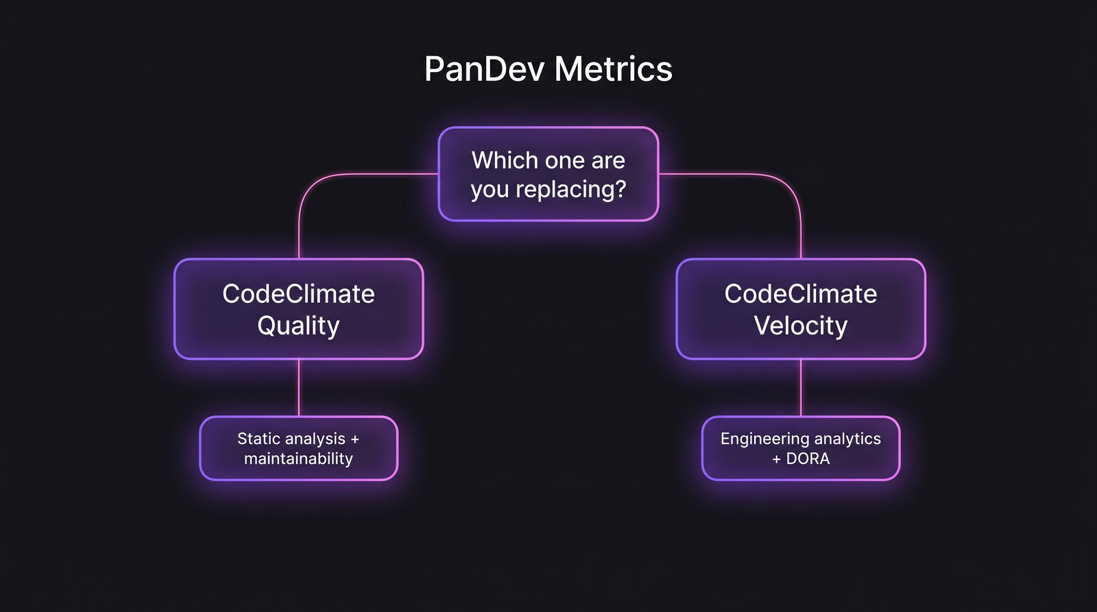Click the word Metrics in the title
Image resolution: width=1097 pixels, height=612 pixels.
click(x=613, y=69)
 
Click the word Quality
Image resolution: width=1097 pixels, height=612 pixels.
click(x=298, y=326)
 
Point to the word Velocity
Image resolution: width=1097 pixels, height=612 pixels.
click(x=801, y=326)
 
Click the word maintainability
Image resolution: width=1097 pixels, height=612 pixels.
click(x=298, y=458)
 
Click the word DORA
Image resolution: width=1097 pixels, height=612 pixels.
click(x=808, y=458)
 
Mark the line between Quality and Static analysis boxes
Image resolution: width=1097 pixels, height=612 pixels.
click(x=299, y=387)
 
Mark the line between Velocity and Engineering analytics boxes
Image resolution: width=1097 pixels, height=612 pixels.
click(x=801, y=387)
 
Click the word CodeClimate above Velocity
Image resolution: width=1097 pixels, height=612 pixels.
click(x=801, y=294)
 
